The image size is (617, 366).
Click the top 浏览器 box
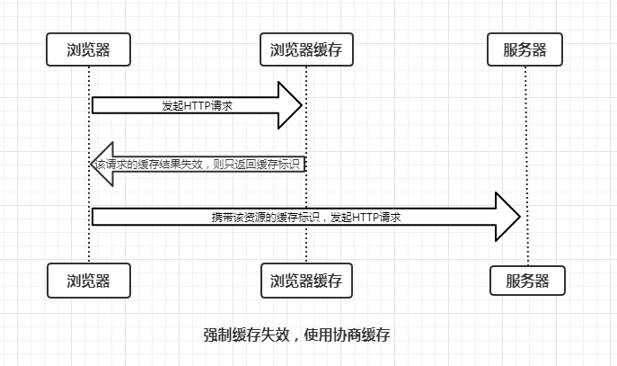click(x=89, y=49)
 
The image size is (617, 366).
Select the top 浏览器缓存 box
click(x=306, y=49)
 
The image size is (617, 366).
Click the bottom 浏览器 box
click(x=89, y=281)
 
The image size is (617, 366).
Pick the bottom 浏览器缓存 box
click(x=306, y=281)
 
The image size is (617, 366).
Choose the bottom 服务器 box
click(x=527, y=281)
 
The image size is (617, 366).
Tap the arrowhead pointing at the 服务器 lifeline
click(x=508, y=217)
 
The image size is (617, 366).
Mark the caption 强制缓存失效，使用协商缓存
click(x=295, y=335)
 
